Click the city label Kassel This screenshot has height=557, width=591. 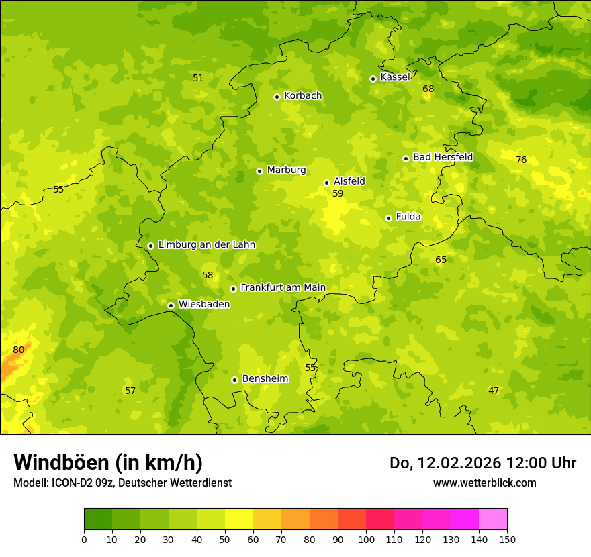[395, 77]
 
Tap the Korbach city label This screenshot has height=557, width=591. [303, 96]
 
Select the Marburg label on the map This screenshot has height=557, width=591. [286, 170]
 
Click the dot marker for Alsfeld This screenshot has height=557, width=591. [327, 183]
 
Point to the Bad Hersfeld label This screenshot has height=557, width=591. [443, 157]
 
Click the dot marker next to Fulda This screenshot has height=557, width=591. [388, 218]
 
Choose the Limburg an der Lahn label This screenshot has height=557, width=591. [206, 245]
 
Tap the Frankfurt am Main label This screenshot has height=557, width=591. [283, 288]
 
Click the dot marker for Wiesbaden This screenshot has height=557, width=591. [171, 305]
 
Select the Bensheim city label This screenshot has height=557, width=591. [265, 379]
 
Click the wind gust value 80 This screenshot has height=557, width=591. [19, 350]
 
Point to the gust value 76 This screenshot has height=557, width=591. [521, 160]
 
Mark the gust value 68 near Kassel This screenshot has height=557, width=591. [428, 89]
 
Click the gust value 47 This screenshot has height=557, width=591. [494, 391]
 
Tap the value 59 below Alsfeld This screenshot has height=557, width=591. [338, 193]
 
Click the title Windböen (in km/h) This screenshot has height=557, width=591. [108, 462]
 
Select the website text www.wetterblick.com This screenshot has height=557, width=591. [484, 483]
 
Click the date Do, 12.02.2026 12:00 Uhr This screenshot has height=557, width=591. [483, 463]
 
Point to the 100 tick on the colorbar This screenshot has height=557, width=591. [366, 539]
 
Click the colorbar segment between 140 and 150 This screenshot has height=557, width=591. [493, 519]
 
